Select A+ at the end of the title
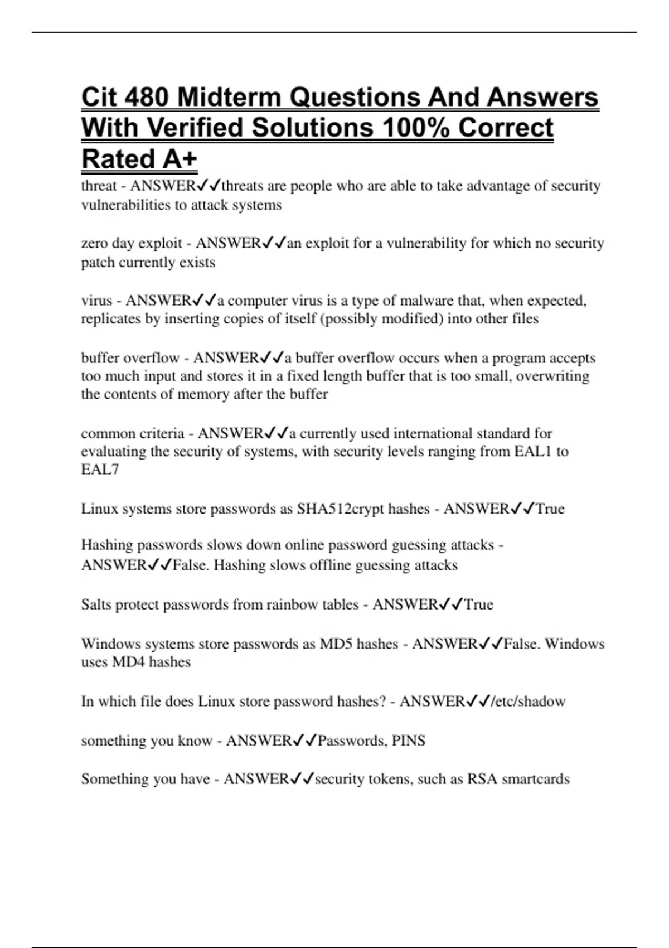pyautogui.click(x=180, y=159)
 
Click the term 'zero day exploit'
pyautogui.click(x=132, y=243)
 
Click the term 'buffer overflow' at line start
pyautogui.click(x=130, y=357)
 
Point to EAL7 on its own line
pyautogui.click(x=100, y=469)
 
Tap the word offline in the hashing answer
pyautogui.click(x=328, y=565)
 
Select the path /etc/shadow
pyautogui.click(x=528, y=701)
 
